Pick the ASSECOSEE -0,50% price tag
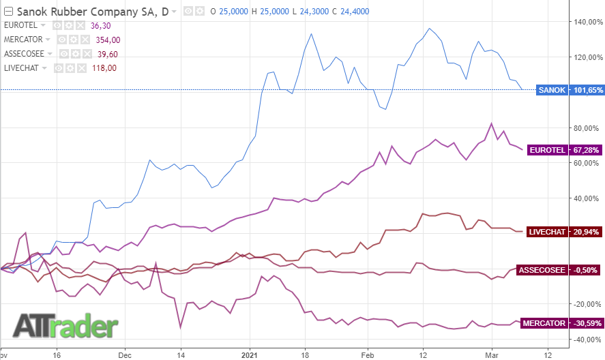click(557, 270)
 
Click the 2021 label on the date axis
click(250, 355)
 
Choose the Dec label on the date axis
click(124, 355)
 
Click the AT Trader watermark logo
click(65, 326)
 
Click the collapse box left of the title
click(8, 11)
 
